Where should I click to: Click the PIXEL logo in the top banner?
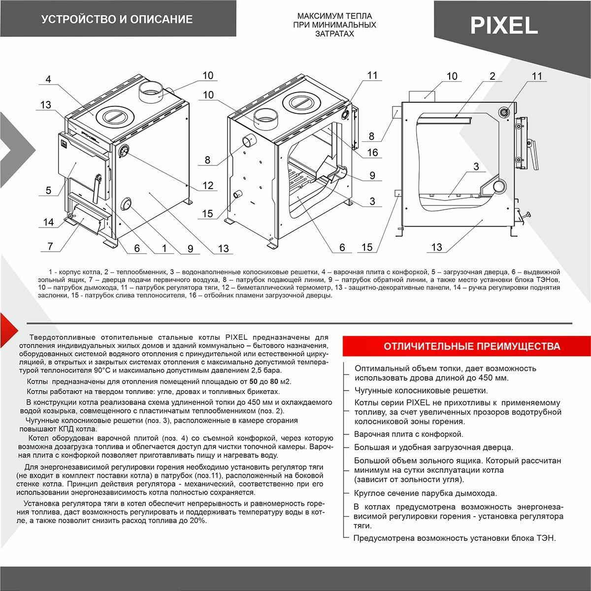pos(503,25)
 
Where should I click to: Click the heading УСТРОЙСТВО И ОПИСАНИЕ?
pos(117,20)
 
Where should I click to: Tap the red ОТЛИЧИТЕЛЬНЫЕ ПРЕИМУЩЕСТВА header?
pos(471,346)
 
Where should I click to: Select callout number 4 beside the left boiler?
pos(48,79)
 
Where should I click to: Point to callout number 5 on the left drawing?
pos(48,190)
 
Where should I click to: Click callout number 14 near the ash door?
pos(48,222)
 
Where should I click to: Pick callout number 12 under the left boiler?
pos(208,185)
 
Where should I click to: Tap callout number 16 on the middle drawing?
pos(372,152)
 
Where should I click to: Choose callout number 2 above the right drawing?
pos(492,76)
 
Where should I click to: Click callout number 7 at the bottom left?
pos(50,246)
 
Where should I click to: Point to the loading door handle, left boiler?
pos(98,185)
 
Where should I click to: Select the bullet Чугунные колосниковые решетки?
pos(421,391)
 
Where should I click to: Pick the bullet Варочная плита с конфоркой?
pos(409,434)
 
